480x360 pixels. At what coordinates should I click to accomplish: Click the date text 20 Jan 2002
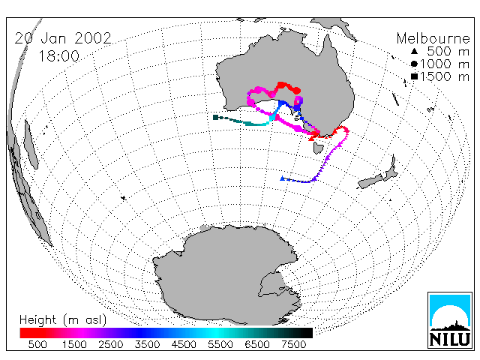63,38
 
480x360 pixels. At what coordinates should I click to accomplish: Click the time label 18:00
58,56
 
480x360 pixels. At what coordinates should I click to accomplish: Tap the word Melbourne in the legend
433,38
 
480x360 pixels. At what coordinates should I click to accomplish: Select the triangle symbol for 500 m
414,51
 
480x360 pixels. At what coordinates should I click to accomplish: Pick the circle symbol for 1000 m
414,64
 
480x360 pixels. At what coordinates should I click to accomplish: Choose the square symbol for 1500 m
414,76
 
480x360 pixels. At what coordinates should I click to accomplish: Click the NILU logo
450,320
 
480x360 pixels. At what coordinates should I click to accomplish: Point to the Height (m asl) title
63,320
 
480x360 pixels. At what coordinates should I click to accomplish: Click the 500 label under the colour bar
37,345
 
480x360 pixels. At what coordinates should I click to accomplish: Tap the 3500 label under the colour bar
147,345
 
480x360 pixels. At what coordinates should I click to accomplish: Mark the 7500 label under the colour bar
293,345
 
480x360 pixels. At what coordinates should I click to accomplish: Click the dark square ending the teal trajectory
215,117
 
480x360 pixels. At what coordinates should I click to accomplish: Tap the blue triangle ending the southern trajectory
282,178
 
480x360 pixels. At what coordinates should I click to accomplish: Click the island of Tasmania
318,148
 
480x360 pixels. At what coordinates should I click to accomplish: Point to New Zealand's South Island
370,181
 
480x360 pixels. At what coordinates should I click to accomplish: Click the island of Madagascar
31,144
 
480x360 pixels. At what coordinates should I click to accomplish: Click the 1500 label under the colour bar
74,345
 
